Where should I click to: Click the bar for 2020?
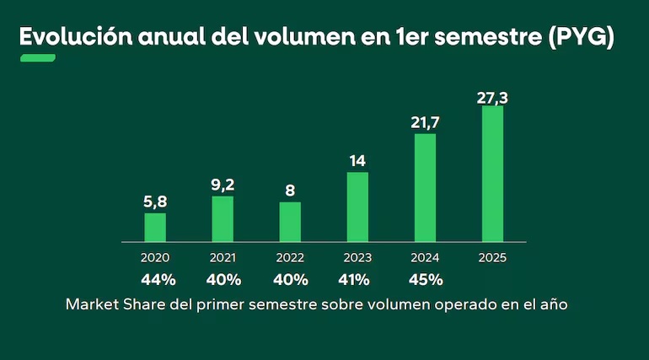155,228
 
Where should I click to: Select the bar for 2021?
223,219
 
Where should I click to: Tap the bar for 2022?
290,222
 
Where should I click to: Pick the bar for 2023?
357,207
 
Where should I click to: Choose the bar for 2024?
425,188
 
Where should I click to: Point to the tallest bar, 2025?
492,175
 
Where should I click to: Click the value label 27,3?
492,98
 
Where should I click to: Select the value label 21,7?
425,124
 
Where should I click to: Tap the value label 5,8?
155,202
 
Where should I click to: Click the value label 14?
357,161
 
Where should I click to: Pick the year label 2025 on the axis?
492,258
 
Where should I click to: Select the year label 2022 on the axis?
290,258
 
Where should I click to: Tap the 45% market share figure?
425,279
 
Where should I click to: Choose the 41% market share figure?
357,279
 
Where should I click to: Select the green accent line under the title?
38,58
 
